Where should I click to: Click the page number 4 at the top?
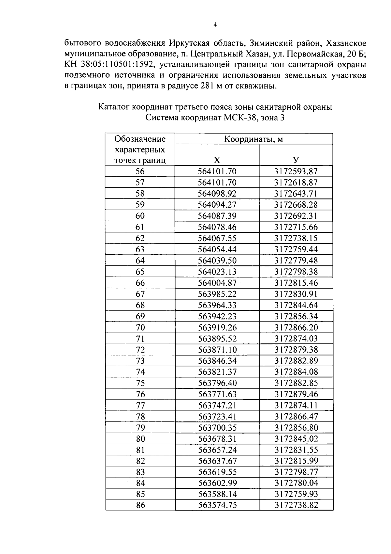pyautogui.click(x=215, y=24)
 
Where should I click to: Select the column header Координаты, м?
pyautogui.click(x=253, y=139)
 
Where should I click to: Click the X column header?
pyautogui.click(x=217, y=160)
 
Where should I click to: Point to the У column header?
pyautogui.click(x=296, y=160)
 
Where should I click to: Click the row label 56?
pyautogui.click(x=140, y=171)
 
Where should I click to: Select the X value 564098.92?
pyautogui.click(x=217, y=194)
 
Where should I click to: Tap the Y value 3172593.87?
pyautogui.click(x=296, y=171)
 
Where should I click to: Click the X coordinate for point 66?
pyautogui.click(x=217, y=283)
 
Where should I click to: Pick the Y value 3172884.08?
pyautogui.click(x=296, y=372)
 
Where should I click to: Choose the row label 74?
pyautogui.click(x=140, y=372)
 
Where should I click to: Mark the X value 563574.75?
pyautogui.click(x=217, y=505)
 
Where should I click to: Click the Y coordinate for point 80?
pyautogui.click(x=296, y=439)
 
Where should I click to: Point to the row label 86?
pyautogui.click(x=140, y=505)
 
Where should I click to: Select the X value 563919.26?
pyautogui.click(x=217, y=327)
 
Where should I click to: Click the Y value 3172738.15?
pyautogui.click(x=296, y=238)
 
